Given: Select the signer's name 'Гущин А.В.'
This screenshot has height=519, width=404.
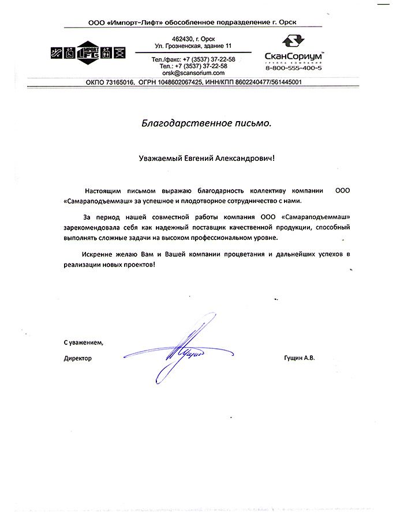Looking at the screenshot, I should (x=300, y=358).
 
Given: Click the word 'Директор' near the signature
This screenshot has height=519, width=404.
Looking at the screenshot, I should (x=77, y=358).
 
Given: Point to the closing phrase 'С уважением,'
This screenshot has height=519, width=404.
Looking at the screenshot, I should (x=83, y=343).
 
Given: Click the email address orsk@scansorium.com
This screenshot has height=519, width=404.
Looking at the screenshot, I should (x=193, y=73).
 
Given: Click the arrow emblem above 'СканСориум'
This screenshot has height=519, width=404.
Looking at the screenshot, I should (x=292, y=42).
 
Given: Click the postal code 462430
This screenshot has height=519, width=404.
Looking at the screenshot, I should (x=176, y=37).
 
